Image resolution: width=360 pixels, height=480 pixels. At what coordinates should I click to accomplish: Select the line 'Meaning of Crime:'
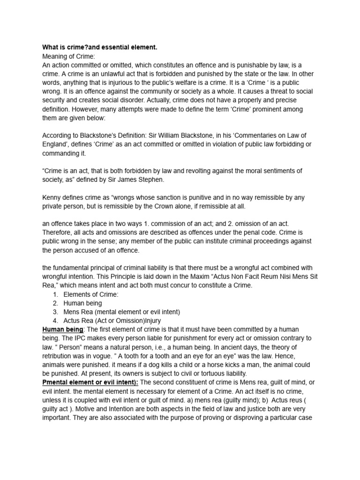tap(68, 56)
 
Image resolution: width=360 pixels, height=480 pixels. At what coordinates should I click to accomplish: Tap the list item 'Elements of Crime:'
tap(91, 294)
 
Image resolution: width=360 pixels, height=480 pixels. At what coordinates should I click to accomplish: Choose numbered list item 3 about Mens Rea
tap(121, 312)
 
